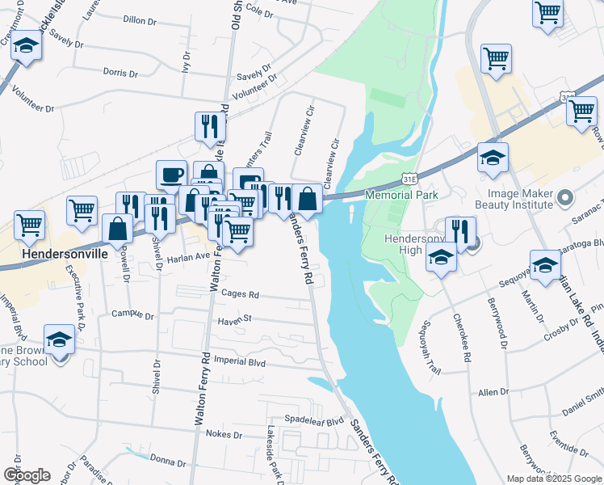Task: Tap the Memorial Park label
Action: [401, 195]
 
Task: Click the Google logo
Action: [26, 475]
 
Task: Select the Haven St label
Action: [235, 320]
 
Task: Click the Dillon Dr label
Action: [143, 19]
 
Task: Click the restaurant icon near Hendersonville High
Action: [459, 230]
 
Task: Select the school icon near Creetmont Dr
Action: [27, 46]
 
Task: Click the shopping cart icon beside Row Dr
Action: [581, 111]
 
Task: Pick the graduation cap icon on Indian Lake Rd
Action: [546, 264]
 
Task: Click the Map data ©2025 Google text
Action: [553, 479]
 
